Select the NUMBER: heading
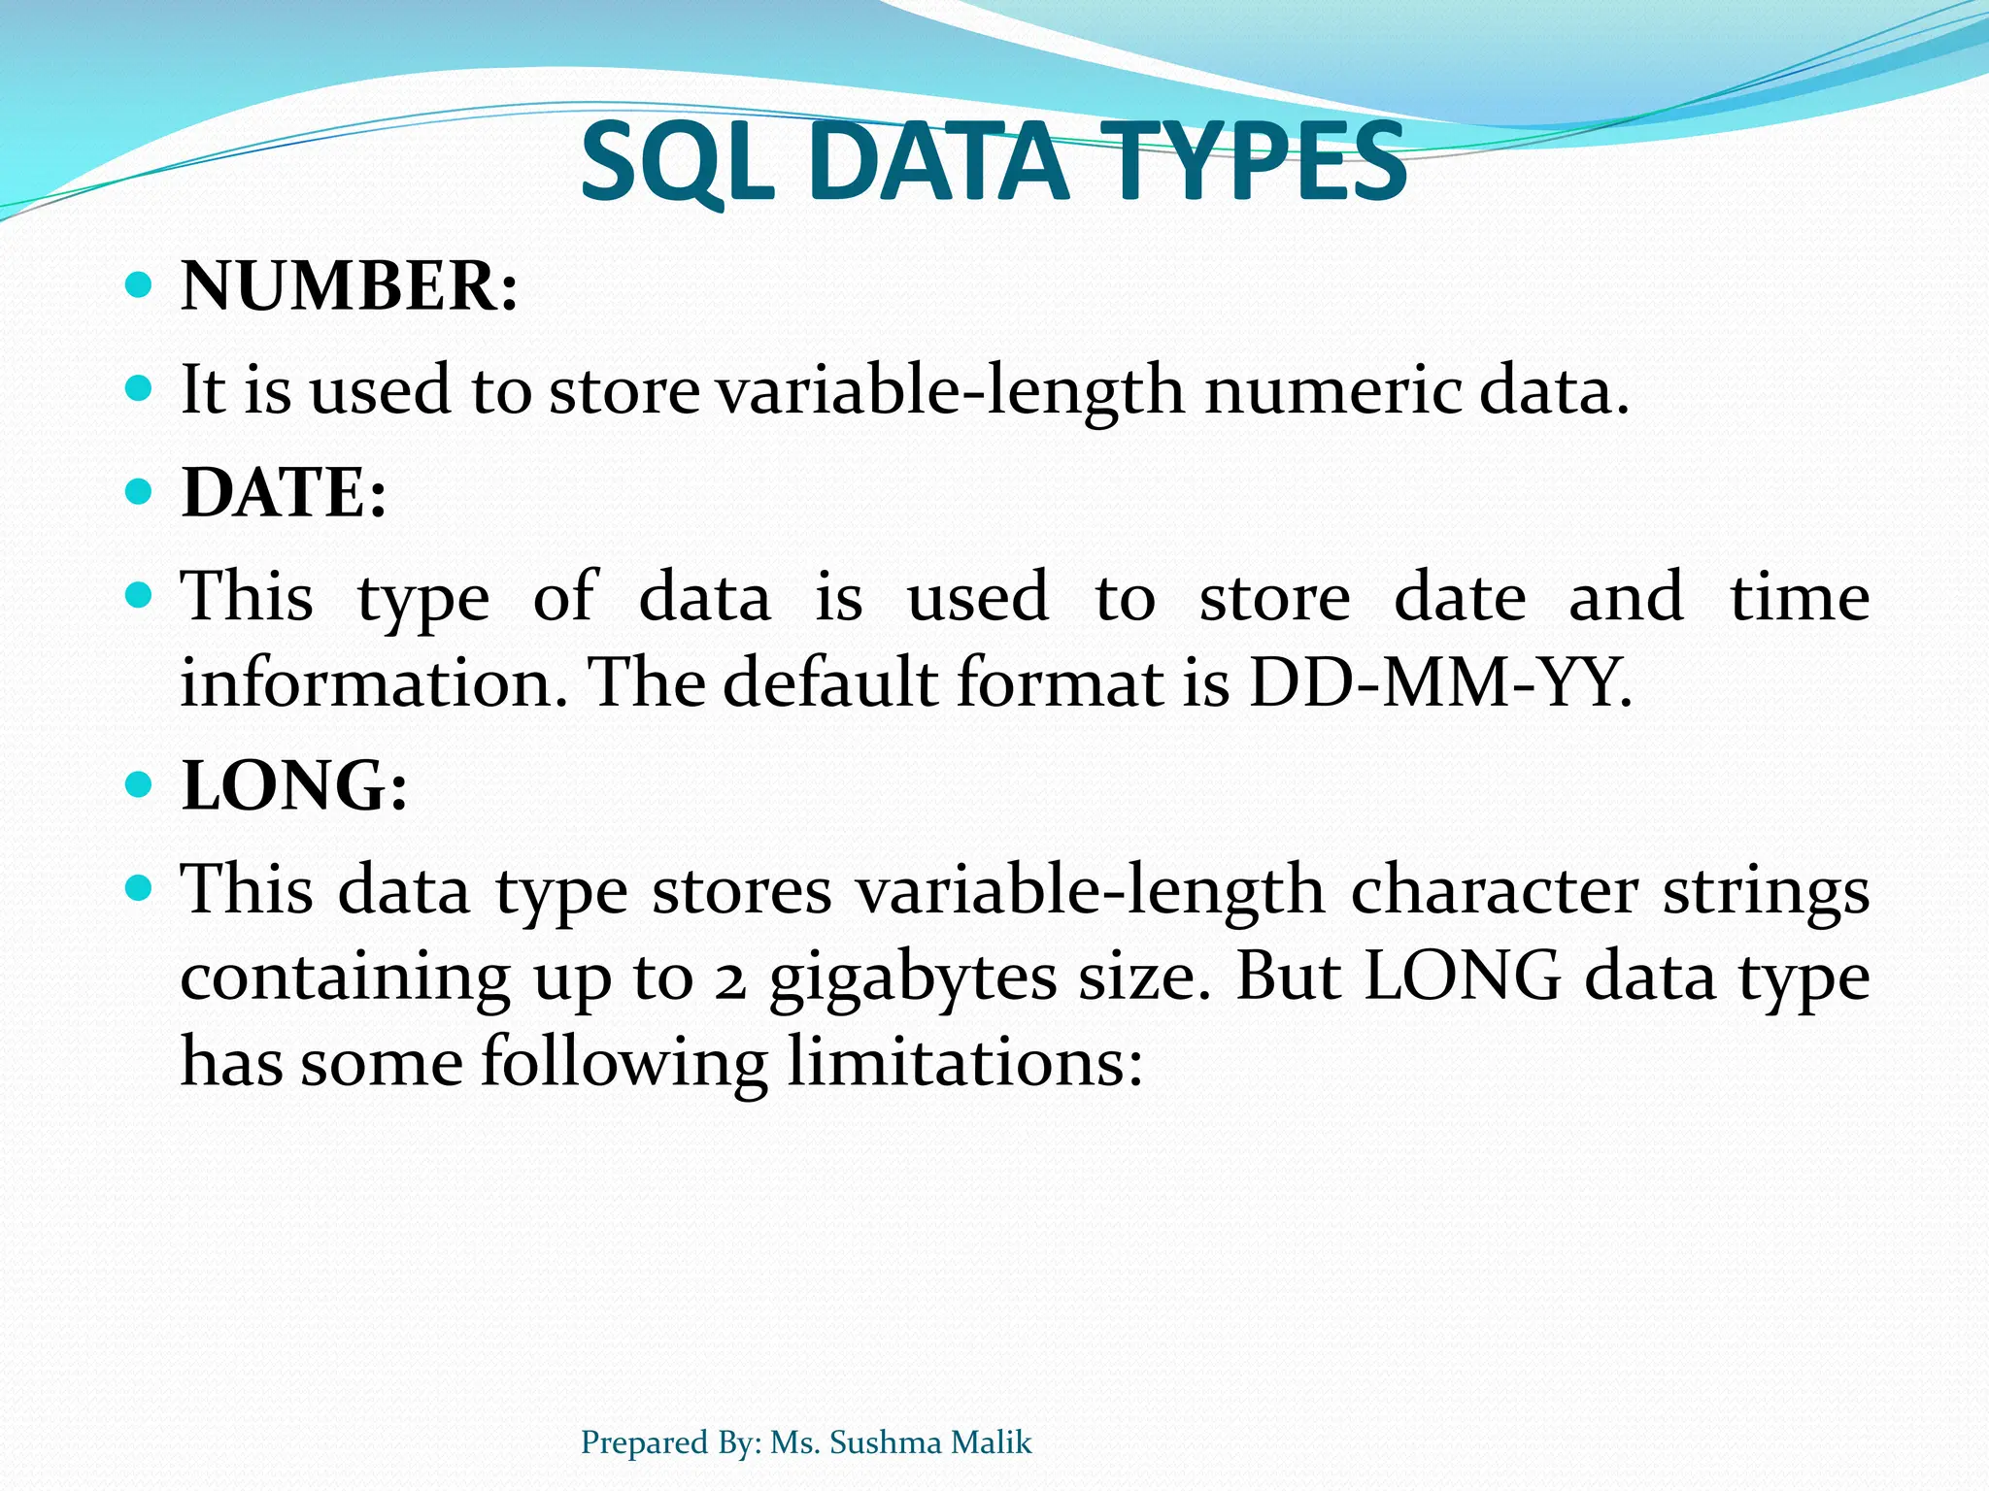(350, 287)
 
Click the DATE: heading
(284, 493)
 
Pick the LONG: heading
(294, 785)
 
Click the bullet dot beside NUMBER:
(140, 285)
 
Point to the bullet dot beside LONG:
(140, 783)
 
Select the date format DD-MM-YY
(1439, 682)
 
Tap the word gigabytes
(912, 978)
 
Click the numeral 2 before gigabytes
(729, 980)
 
